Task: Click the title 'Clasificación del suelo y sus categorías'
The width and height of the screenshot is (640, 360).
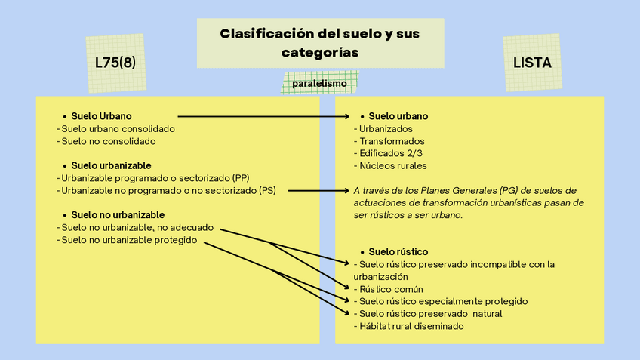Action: point(320,43)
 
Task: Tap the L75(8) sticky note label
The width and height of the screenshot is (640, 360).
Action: point(115,63)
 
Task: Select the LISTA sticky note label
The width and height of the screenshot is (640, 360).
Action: point(532,63)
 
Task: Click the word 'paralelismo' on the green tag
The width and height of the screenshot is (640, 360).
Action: point(320,83)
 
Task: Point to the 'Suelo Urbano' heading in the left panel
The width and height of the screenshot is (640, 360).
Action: point(101,116)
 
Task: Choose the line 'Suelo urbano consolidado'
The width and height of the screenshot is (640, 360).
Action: point(118,129)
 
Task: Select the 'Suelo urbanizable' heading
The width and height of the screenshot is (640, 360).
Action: point(111,165)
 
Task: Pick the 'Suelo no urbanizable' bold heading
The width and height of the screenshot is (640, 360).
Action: point(118,215)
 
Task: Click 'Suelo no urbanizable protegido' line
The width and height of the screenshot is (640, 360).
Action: point(128,240)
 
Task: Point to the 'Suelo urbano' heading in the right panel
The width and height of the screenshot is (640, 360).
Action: point(398,116)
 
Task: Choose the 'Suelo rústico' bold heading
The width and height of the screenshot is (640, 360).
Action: point(398,251)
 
